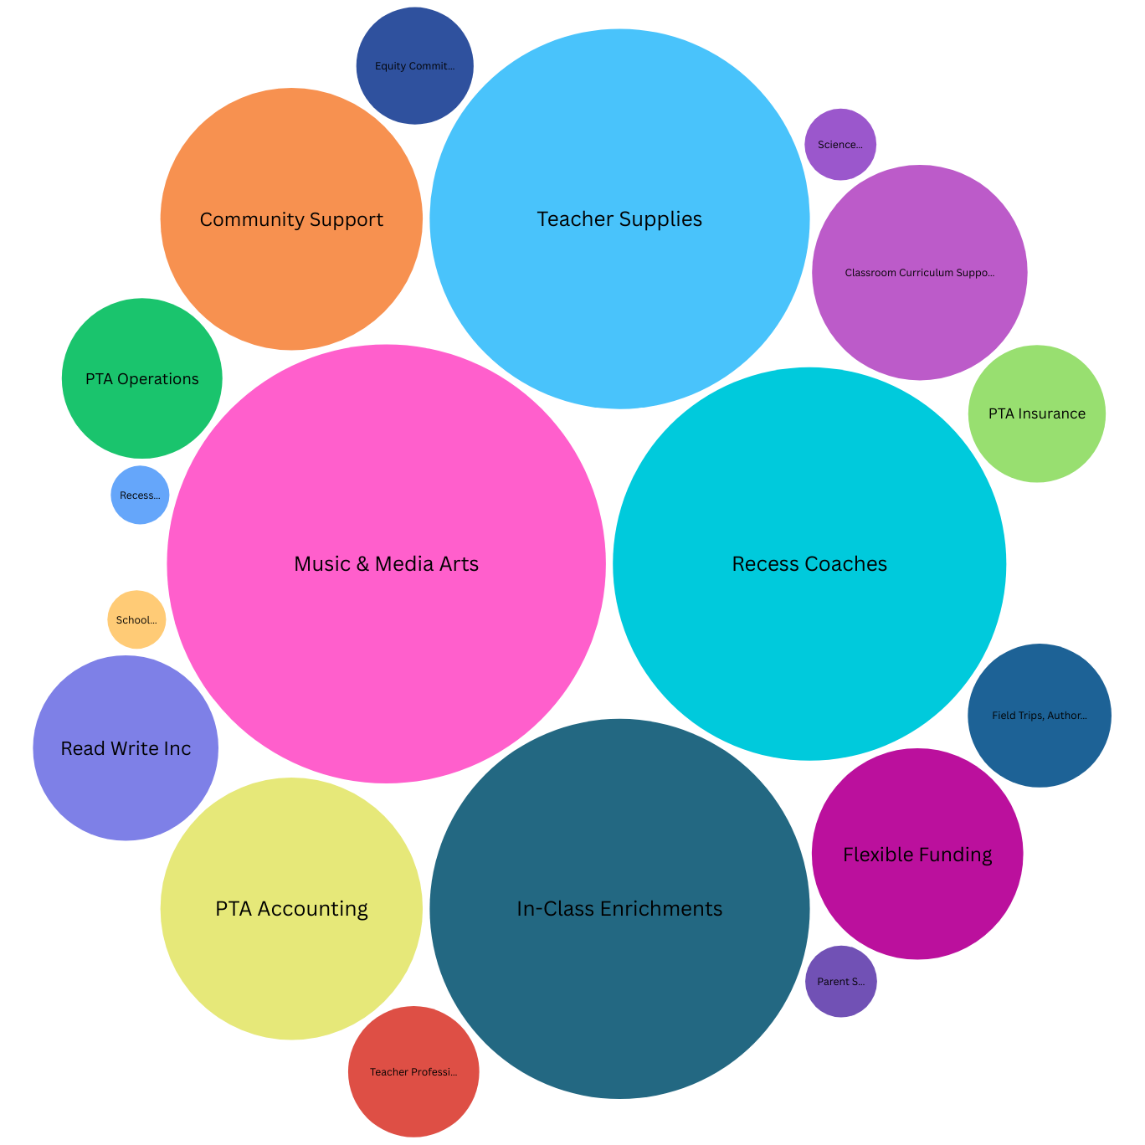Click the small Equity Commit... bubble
(x=414, y=66)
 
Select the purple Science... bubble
(x=840, y=145)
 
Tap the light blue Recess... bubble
(x=140, y=495)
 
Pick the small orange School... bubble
(x=136, y=620)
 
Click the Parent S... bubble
(x=841, y=982)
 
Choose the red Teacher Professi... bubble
(x=413, y=1072)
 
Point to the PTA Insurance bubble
(x=1037, y=413)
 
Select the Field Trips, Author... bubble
(x=1040, y=716)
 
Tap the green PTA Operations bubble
(x=142, y=379)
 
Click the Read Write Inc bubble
(x=126, y=748)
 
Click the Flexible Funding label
(x=917, y=855)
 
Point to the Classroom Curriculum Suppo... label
(x=920, y=273)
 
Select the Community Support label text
(x=291, y=219)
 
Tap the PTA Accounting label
(x=291, y=909)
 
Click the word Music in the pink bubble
(x=322, y=564)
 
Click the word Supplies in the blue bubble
(x=660, y=220)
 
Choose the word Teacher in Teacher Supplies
(x=573, y=219)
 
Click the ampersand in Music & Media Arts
(x=362, y=564)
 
